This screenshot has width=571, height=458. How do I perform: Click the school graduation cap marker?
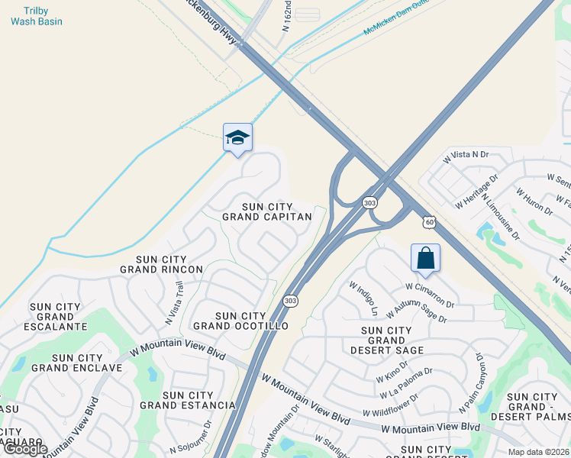237,138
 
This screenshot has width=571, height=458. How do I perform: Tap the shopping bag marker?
425,258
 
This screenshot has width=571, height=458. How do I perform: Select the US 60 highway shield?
431,222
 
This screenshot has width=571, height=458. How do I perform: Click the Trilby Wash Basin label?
37,16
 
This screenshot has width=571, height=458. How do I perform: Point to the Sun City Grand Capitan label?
267,211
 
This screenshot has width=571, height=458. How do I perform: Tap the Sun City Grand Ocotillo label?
240,321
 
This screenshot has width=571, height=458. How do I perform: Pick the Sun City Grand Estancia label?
188,400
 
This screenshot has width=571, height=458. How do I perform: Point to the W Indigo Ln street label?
364,298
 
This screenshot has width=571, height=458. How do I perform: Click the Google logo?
24,449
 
